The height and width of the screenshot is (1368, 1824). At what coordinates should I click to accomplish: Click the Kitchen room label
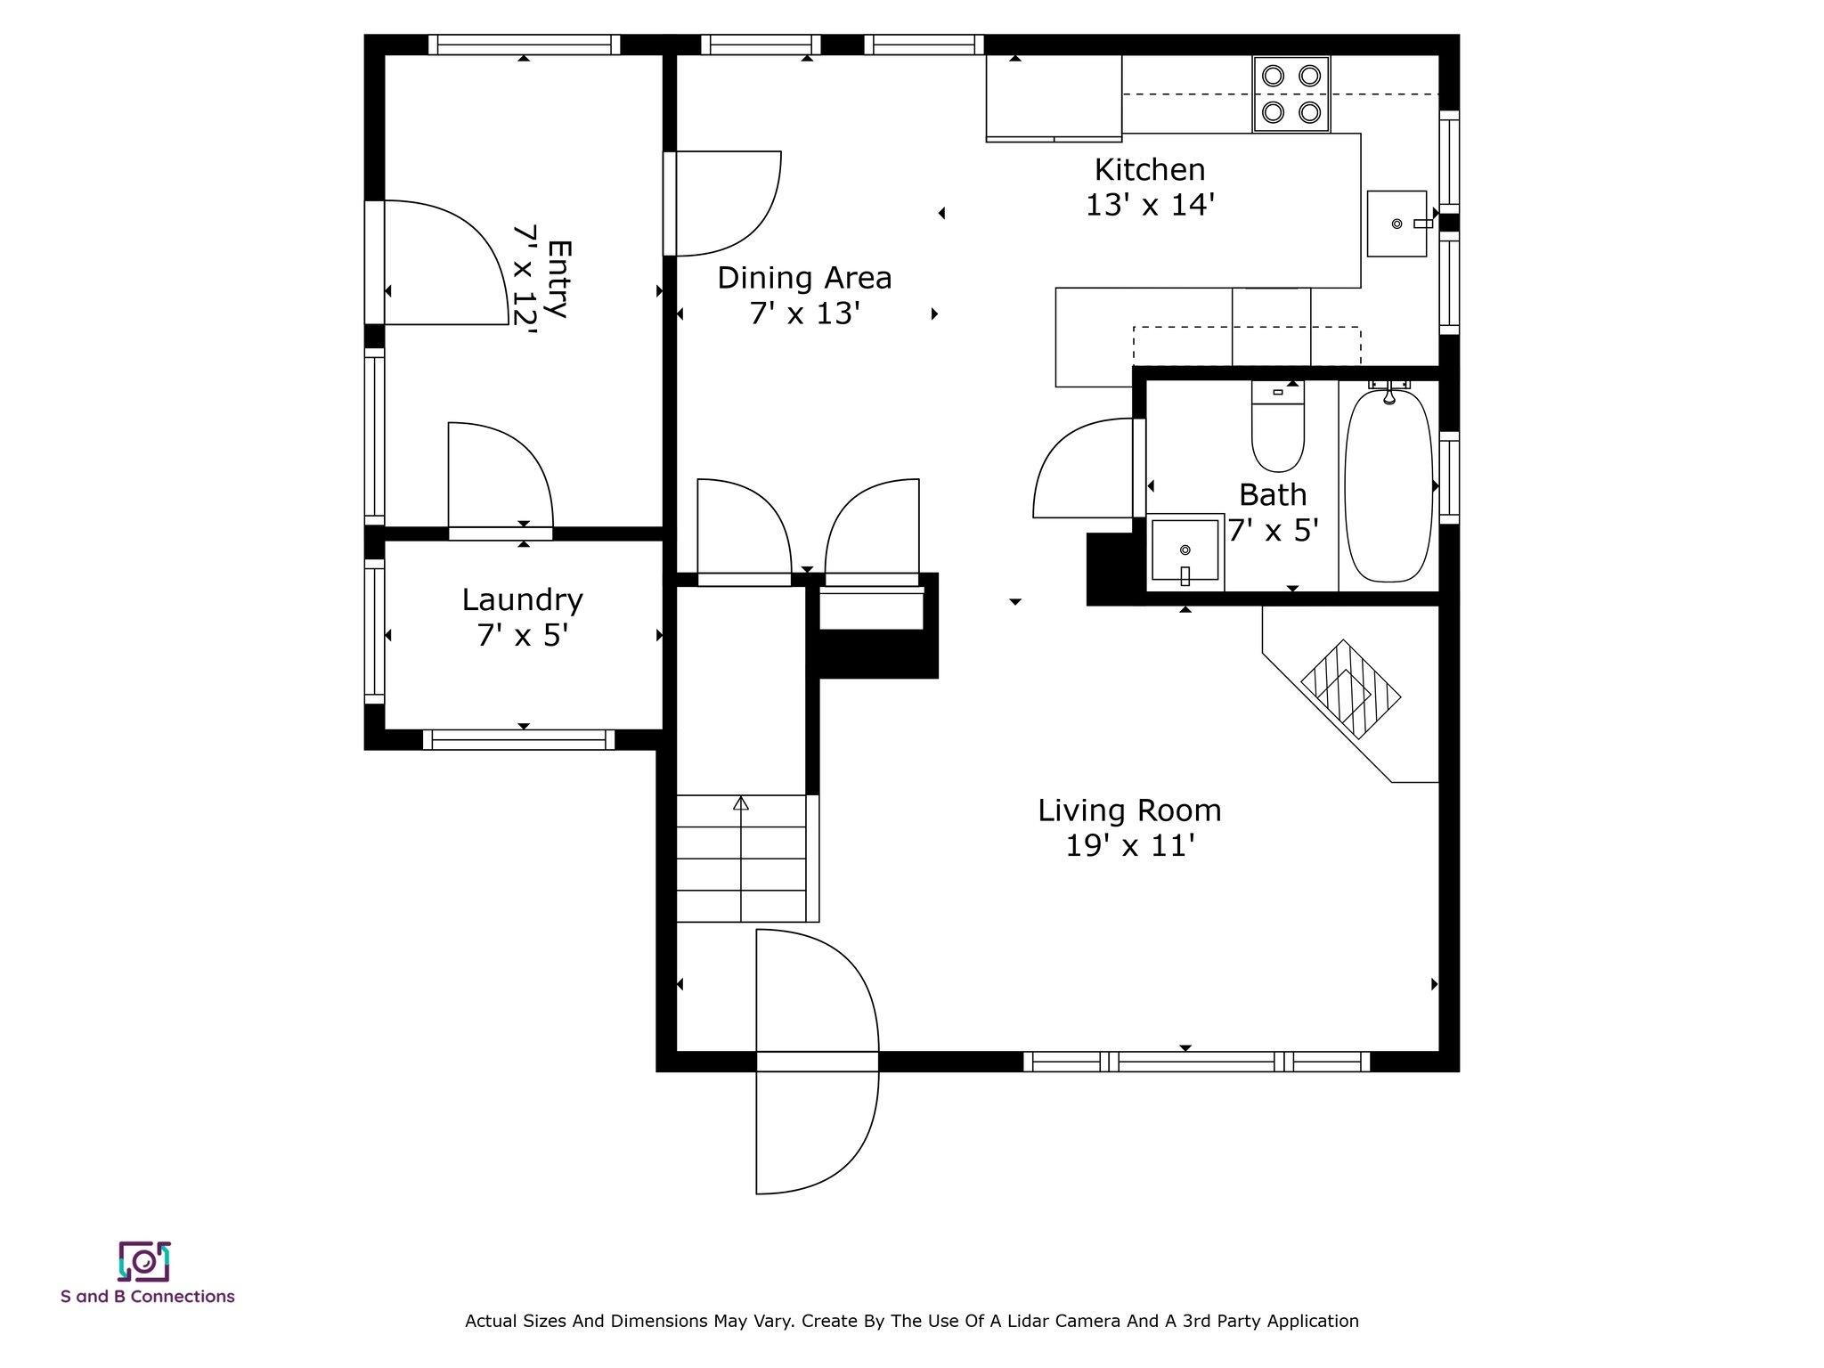[1149, 169]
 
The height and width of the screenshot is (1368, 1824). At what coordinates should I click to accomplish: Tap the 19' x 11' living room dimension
[1129, 846]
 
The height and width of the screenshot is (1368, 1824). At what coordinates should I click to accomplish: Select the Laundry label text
[522, 599]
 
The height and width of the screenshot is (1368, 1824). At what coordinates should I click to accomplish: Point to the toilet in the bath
[1277, 427]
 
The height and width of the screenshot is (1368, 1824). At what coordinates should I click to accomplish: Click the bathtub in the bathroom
[1388, 485]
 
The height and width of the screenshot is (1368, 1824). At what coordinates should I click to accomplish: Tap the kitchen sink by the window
[1396, 223]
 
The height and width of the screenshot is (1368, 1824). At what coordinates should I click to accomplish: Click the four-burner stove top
[1291, 94]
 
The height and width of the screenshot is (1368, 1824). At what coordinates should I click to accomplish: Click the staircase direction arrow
[741, 804]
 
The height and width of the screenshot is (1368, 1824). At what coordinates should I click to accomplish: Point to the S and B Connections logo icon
[144, 1261]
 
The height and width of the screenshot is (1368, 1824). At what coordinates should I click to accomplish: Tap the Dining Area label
[804, 278]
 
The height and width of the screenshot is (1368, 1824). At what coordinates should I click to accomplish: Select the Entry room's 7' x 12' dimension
[526, 280]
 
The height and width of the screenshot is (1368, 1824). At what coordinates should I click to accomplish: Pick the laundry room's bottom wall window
[518, 739]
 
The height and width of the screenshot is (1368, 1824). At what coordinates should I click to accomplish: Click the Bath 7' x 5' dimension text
[1274, 531]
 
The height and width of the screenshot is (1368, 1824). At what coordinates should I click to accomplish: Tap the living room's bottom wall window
[1196, 1062]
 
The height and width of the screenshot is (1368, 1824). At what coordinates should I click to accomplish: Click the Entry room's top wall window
[524, 45]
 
